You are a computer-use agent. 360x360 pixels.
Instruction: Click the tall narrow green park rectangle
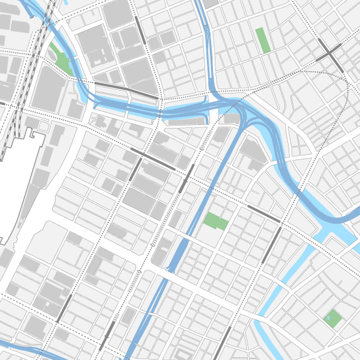point(260,39)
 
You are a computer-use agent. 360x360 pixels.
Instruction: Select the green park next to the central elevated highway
point(216,221)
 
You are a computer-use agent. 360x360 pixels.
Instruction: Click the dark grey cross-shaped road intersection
point(330,54)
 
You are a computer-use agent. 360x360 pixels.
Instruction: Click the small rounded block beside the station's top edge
point(43,126)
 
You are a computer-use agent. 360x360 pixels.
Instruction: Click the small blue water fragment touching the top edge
point(66,2)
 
